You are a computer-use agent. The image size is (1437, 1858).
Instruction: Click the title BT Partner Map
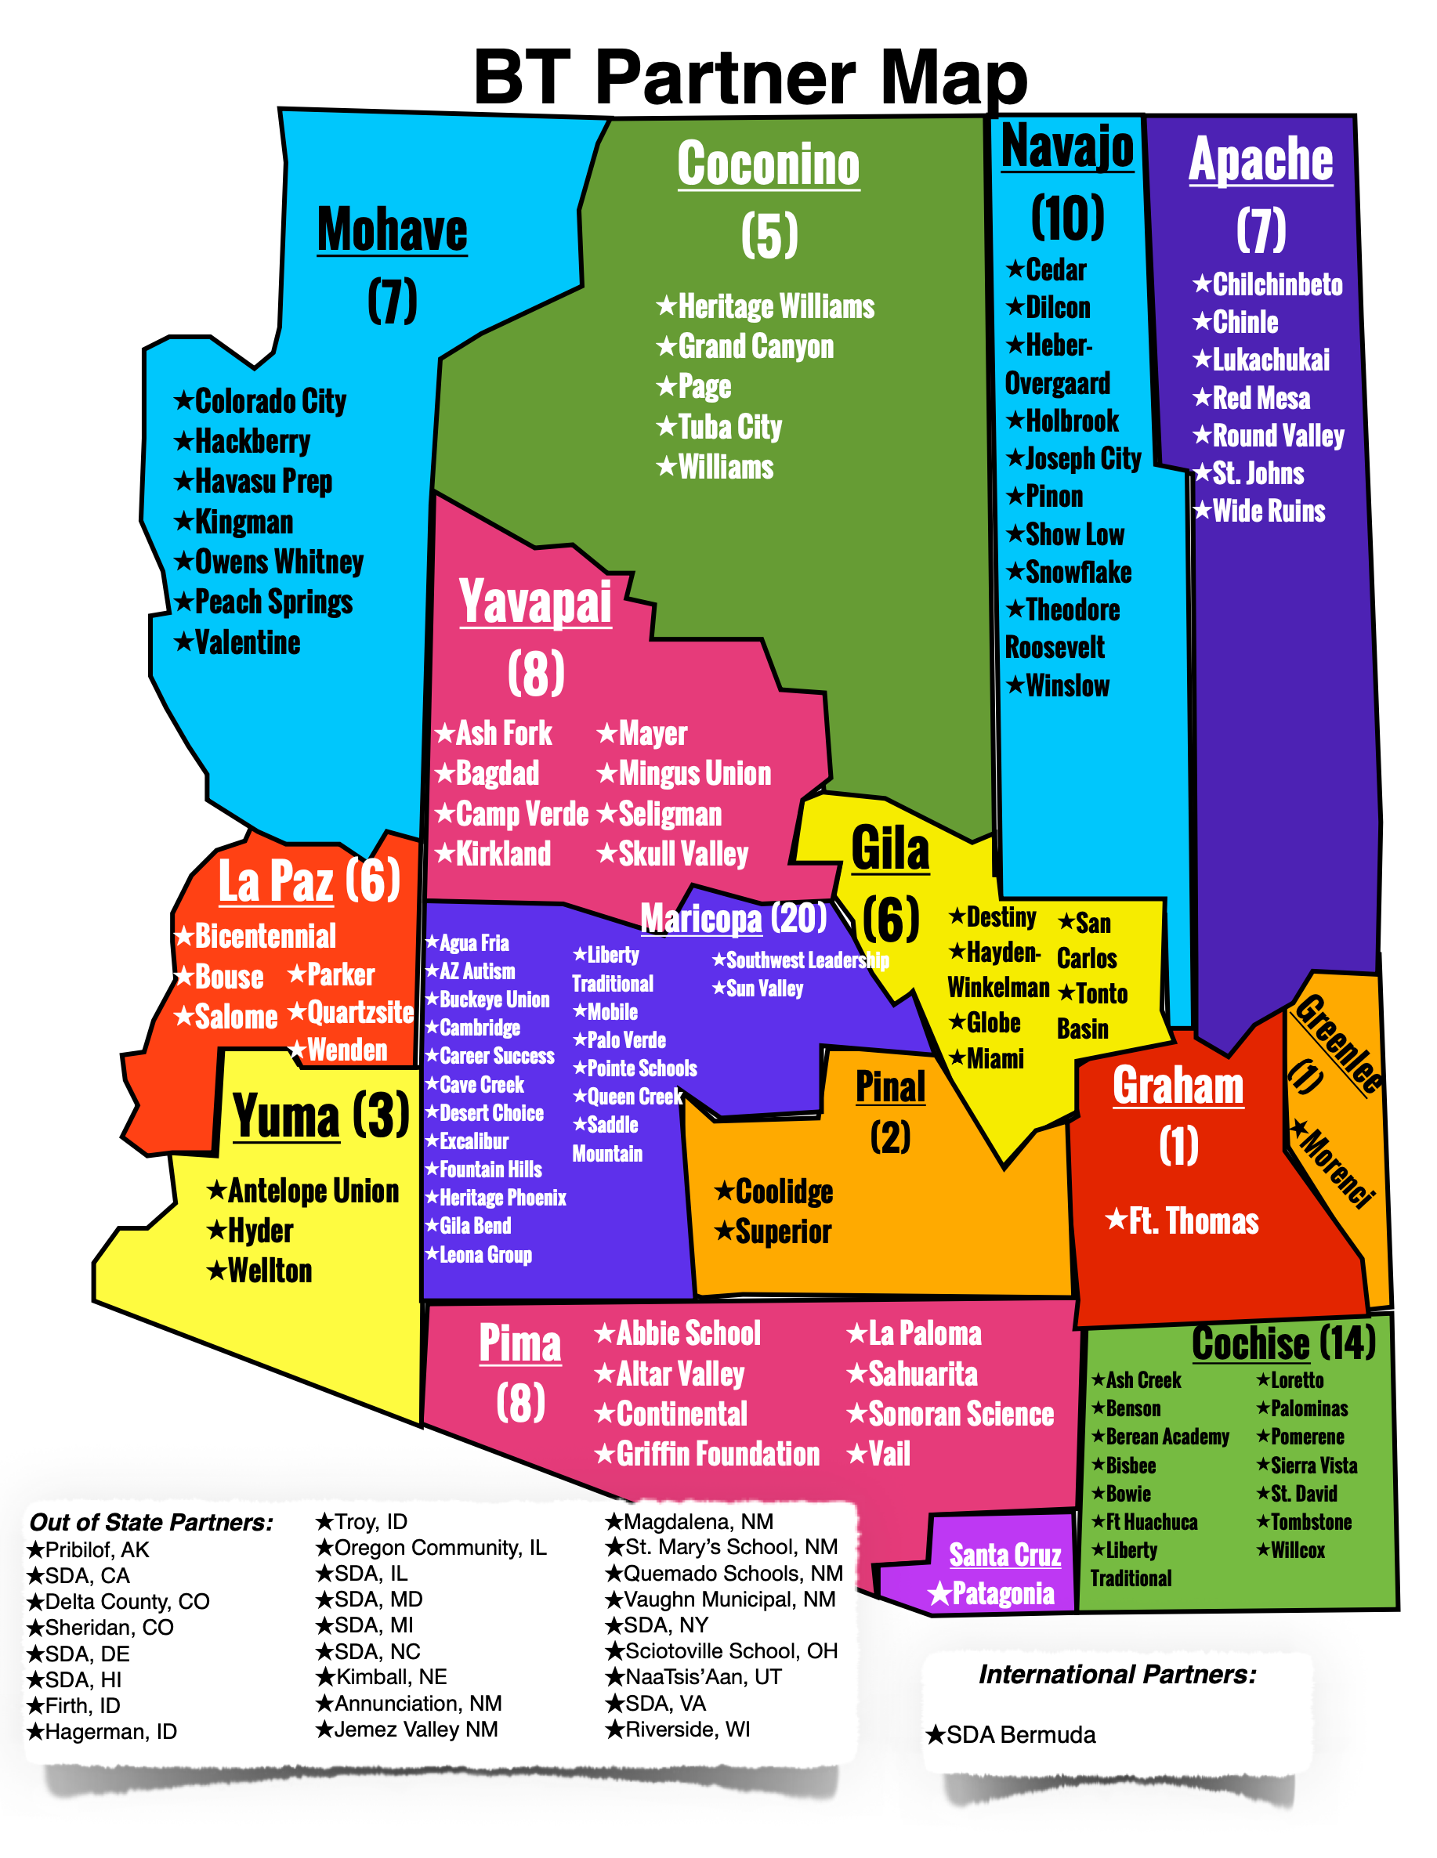click(750, 77)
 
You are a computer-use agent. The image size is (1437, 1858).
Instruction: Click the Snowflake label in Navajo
click(1077, 572)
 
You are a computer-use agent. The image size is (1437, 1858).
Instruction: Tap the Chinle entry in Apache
click(1244, 323)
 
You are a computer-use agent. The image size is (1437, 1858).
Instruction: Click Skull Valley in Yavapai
click(682, 853)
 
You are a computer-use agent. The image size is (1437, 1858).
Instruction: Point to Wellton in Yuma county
click(269, 1271)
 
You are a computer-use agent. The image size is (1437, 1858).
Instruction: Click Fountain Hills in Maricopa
click(490, 1169)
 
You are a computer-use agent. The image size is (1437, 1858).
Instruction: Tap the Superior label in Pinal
click(782, 1231)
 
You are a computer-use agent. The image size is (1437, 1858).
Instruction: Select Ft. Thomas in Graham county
click(1192, 1221)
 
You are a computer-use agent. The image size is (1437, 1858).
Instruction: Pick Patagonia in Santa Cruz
click(1001, 1593)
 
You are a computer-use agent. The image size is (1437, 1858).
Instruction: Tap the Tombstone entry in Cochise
click(1310, 1522)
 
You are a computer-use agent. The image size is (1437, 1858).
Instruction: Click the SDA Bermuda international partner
click(1020, 1735)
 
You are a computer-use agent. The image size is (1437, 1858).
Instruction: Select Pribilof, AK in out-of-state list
click(96, 1550)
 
